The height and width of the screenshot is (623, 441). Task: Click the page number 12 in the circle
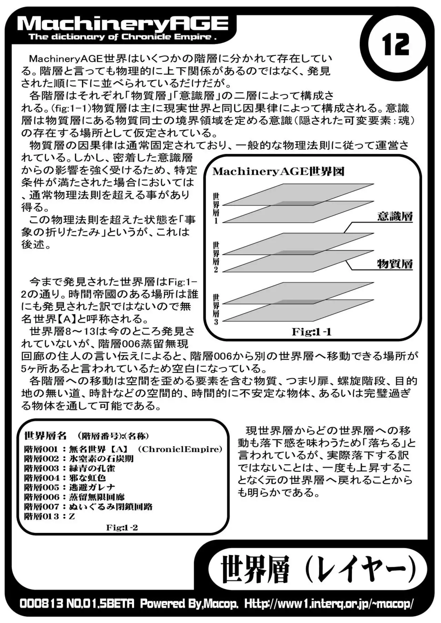coord(396,45)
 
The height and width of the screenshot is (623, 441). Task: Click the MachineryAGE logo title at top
coord(122,24)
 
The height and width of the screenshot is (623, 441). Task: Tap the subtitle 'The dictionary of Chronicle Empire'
coord(122,37)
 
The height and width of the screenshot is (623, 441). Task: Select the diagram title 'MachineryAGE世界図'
coord(278,171)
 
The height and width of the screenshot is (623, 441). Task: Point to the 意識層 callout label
coord(395,217)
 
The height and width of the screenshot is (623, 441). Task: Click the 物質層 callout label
coord(395,264)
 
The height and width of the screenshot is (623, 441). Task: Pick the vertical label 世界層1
coord(216,208)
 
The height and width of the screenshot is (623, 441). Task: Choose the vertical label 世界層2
coord(216,257)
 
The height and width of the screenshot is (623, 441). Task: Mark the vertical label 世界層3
coord(216,309)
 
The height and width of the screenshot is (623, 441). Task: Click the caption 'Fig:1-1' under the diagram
coord(311,332)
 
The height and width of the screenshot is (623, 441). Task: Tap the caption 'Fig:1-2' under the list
coord(122,527)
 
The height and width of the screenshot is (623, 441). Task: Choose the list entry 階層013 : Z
coord(50,516)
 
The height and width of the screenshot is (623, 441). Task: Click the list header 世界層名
coord(45,436)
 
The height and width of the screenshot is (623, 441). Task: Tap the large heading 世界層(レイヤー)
coord(318,569)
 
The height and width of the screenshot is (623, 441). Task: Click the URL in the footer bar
coord(329,603)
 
